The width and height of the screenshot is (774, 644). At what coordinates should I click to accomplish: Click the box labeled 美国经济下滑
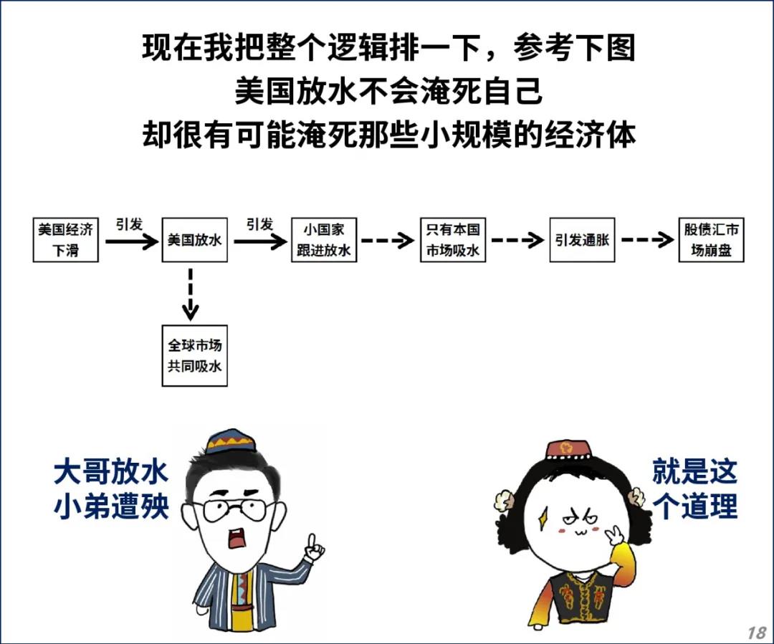pos(65,240)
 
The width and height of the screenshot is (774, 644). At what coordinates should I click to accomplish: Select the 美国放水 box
pos(194,240)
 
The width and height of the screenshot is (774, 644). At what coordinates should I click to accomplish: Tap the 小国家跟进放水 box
pos(324,240)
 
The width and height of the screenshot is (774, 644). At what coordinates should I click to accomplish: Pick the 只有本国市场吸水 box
pos(453,240)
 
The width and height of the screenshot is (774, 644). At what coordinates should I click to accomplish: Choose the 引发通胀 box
pos(582,240)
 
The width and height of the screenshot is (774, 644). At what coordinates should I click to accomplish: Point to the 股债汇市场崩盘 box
pos(711,240)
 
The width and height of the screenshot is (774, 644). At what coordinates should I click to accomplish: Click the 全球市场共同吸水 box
pos(194,355)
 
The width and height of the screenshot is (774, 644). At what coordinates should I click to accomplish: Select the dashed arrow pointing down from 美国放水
pos(190,294)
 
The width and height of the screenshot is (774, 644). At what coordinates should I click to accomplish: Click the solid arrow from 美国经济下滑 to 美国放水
pos(130,241)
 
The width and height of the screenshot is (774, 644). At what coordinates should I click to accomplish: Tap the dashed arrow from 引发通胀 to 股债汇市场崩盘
pos(646,240)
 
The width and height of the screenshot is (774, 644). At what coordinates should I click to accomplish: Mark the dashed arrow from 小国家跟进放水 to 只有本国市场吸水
pos(388,240)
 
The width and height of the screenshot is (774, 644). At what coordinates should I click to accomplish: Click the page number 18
pos(756,632)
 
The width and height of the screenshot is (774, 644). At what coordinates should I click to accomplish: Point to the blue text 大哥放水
pos(111,472)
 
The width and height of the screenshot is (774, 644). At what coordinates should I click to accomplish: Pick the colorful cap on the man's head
pos(231,441)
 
